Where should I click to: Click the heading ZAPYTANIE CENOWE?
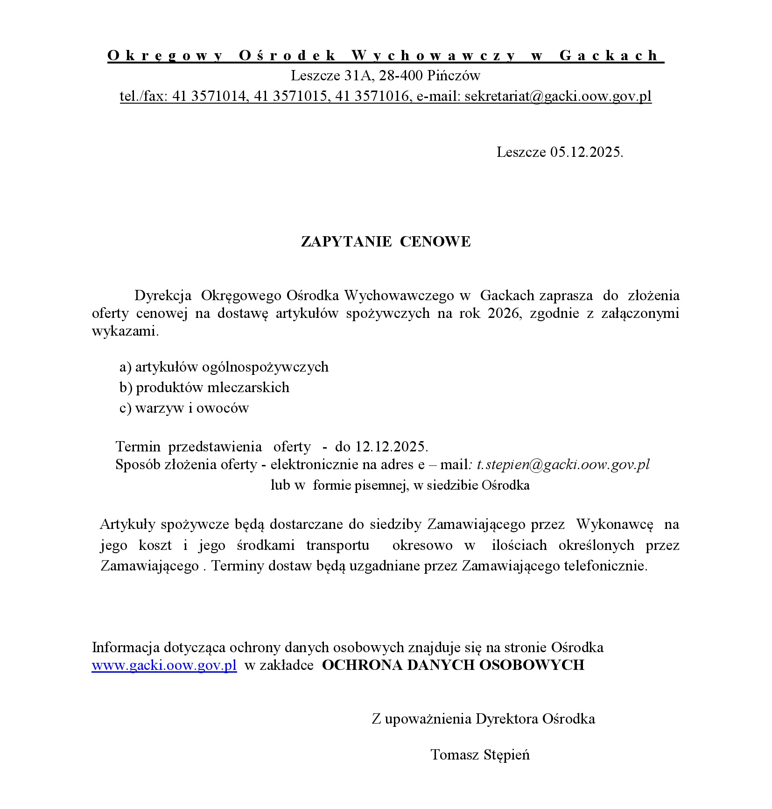tap(386, 242)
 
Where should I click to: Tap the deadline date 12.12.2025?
tap(391, 447)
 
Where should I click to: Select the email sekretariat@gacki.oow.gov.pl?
tap(558, 96)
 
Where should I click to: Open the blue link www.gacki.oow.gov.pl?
tap(164, 665)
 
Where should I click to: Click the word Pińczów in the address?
tap(454, 76)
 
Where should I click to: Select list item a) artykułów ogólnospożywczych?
tap(224, 367)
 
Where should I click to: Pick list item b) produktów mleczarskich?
tap(204, 387)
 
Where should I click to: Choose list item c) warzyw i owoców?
tap(184, 408)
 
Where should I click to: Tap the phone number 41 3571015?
tap(289, 96)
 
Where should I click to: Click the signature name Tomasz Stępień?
tap(480, 755)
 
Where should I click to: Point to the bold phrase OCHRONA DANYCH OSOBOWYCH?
tap(453, 665)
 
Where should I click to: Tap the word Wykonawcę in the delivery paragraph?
tap(615, 525)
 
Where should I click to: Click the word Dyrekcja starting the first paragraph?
tap(163, 295)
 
